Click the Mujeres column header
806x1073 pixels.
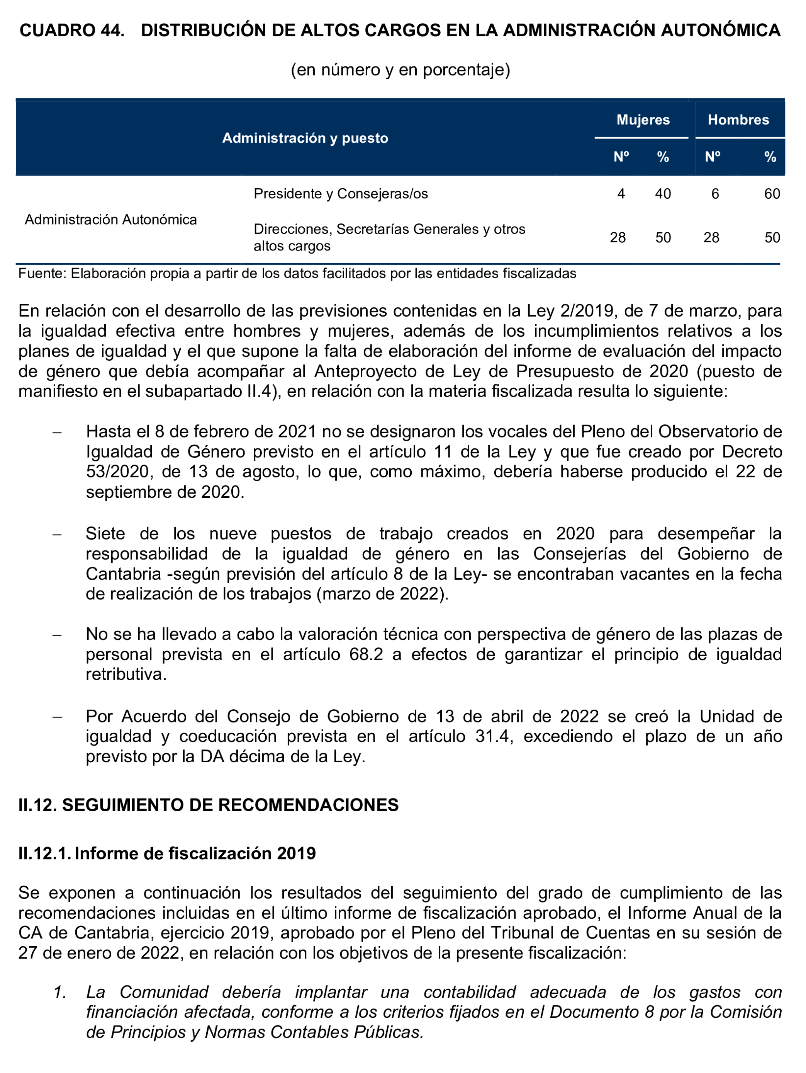tap(643, 120)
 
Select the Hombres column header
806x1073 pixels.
tap(738, 120)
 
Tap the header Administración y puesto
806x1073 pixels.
tap(305, 138)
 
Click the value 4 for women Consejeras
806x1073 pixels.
tap(621, 194)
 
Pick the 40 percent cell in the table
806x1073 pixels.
tap(663, 194)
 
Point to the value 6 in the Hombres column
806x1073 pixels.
tap(715, 194)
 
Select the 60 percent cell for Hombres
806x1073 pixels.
tap(772, 194)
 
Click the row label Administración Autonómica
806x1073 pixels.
tap(110, 220)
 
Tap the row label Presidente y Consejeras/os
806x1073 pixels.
tap(341, 194)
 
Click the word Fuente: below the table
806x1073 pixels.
tap(42, 274)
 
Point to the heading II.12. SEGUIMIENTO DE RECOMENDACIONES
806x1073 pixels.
tap(209, 805)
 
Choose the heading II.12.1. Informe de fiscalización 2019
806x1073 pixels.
tap(167, 853)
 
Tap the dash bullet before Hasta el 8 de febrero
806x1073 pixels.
tap(57, 432)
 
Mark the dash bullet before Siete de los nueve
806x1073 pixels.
tap(57, 534)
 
